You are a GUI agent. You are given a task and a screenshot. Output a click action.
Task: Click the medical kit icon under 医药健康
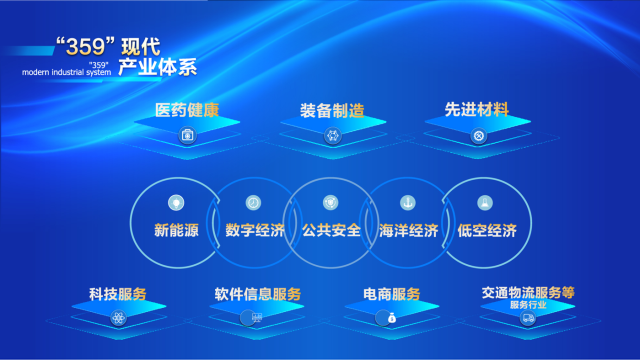tap(187, 135)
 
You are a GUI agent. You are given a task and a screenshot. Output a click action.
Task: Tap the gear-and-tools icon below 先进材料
tap(478, 135)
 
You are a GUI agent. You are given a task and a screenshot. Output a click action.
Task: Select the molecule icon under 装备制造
tap(332, 135)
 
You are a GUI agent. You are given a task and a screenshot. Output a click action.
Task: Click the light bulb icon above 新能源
tap(176, 202)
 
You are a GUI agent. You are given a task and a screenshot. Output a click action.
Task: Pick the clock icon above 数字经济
tap(253, 202)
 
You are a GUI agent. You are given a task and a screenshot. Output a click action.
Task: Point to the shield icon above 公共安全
tap(330, 202)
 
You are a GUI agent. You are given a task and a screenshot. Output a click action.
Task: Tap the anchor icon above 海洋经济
tap(407, 202)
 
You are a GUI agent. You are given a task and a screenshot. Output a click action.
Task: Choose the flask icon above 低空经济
tap(485, 202)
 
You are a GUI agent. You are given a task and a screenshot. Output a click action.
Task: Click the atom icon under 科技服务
tap(118, 317)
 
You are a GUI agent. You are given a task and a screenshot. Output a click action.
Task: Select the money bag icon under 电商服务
tap(392, 318)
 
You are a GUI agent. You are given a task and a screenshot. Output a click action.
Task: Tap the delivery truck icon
tap(527, 317)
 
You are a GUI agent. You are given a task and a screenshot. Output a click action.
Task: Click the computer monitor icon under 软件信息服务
tap(256, 317)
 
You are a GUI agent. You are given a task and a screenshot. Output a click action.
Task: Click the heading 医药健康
tap(187, 110)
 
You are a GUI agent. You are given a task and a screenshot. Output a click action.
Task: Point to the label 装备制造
tap(332, 110)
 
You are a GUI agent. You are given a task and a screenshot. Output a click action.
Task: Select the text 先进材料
tap(476, 109)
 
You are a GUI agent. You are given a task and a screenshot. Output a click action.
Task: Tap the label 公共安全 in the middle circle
tap(331, 230)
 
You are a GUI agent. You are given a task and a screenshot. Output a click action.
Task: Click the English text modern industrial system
tap(66, 72)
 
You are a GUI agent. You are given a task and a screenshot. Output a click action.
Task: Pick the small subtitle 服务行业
tap(528, 305)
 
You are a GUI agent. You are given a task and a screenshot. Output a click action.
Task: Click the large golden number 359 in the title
tap(85, 46)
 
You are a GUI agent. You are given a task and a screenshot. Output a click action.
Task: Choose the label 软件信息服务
tap(257, 294)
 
